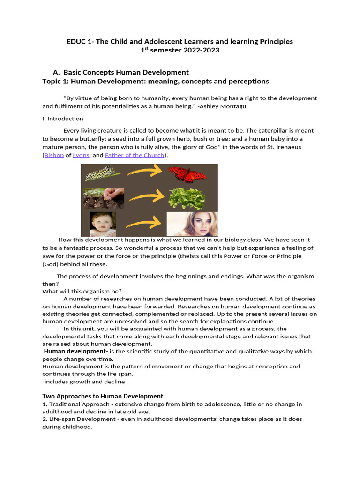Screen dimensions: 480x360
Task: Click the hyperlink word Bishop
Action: coord(54,155)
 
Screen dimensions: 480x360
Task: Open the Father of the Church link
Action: coord(135,155)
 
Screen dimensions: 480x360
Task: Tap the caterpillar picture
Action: coord(102,174)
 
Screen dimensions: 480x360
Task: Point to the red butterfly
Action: coord(187,175)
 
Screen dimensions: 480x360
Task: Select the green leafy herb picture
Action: coord(187,199)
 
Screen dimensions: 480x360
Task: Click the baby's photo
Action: coord(103,224)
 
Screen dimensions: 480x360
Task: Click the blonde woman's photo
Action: coord(192,224)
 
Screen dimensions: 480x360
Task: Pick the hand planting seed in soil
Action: coord(104,198)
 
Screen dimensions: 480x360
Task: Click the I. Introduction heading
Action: coord(63,119)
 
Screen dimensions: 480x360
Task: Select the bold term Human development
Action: coord(75,351)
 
